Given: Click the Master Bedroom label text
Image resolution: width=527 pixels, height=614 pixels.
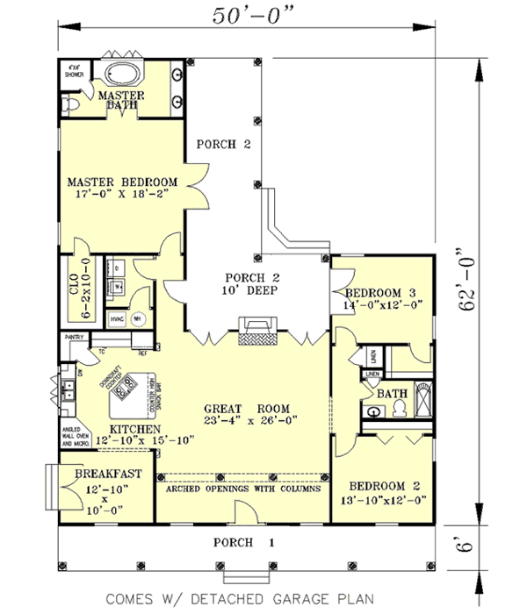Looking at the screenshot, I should [x=123, y=182].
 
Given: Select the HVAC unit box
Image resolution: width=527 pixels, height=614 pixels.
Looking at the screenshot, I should [x=116, y=320].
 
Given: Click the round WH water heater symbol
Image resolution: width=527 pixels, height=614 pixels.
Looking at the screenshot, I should [x=137, y=320].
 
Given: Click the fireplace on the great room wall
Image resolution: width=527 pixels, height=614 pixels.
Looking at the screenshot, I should [x=256, y=334].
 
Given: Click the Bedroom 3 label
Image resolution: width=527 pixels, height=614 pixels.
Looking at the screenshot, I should [x=380, y=293].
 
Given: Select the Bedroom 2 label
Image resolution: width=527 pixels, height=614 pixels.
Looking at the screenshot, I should [x=386, y=487].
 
